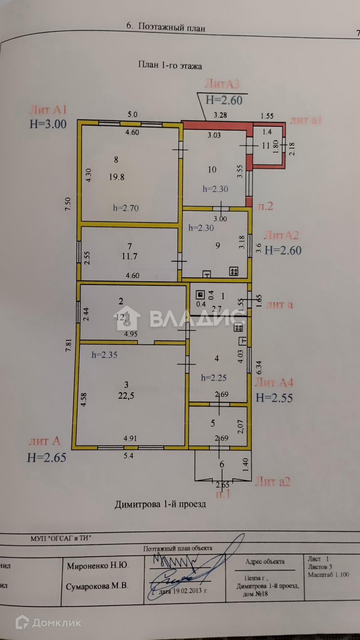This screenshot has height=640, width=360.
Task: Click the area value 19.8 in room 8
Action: tap(116, 177)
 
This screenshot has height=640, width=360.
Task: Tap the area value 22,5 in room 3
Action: tap(126, 396)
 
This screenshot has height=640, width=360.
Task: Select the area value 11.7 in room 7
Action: tap(129, 256)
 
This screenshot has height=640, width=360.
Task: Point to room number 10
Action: tap(212, 169)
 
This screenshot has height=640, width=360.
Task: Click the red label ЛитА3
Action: tap(222, 84)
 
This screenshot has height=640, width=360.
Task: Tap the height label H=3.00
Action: tap(48, 124)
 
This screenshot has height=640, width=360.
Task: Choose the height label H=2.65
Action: tap(46, 458)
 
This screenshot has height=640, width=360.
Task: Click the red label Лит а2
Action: tap(272, 482)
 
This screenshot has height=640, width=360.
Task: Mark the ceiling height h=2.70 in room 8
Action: tap(126, 208)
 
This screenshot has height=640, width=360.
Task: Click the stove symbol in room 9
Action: tap(234, 272)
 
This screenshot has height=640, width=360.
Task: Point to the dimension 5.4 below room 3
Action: tap(128, 456)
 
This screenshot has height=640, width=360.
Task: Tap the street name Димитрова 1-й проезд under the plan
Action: tap(160, 504)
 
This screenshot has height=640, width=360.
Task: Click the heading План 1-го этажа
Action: tap(170, 65)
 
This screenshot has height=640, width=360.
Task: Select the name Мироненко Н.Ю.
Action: tap(98, 566)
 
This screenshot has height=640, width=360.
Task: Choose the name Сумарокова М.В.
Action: tap(97, 586)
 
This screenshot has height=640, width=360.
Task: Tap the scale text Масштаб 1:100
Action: tap(328, 575)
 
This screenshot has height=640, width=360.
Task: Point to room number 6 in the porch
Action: tap(222, 464)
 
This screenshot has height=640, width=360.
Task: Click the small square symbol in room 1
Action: tap(200, 295)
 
